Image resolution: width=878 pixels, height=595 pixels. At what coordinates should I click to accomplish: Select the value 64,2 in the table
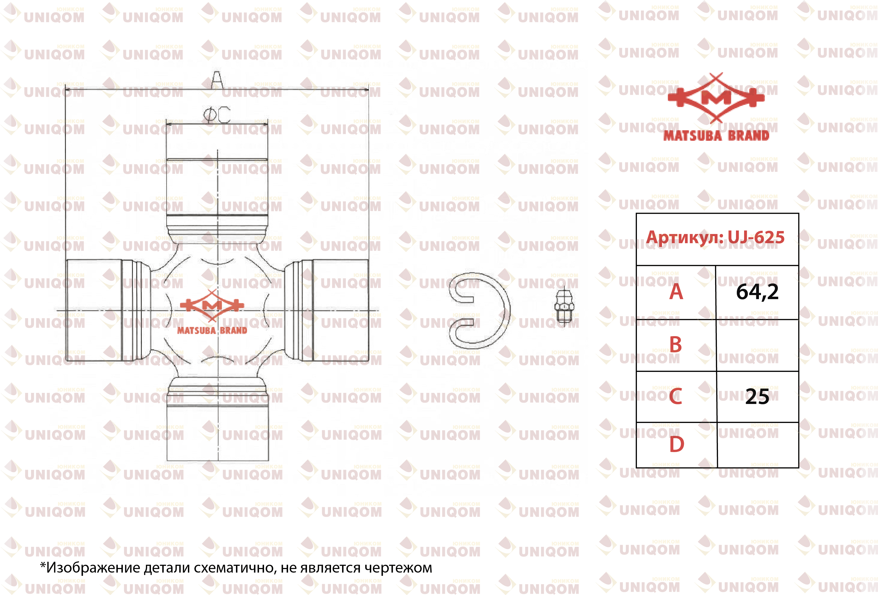click(x=757, y=292)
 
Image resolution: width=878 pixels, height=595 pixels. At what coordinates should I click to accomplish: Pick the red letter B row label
click(x=676, y=344)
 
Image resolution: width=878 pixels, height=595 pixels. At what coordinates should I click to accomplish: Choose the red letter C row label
click(x=676, y=396)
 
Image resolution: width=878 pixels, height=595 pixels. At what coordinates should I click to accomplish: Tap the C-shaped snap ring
click(x=479, y=311)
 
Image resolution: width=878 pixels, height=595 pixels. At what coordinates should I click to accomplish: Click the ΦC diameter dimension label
click(x=217, y=115)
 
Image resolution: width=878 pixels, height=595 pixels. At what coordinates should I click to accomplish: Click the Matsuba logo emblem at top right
click(x=716, y=107)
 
